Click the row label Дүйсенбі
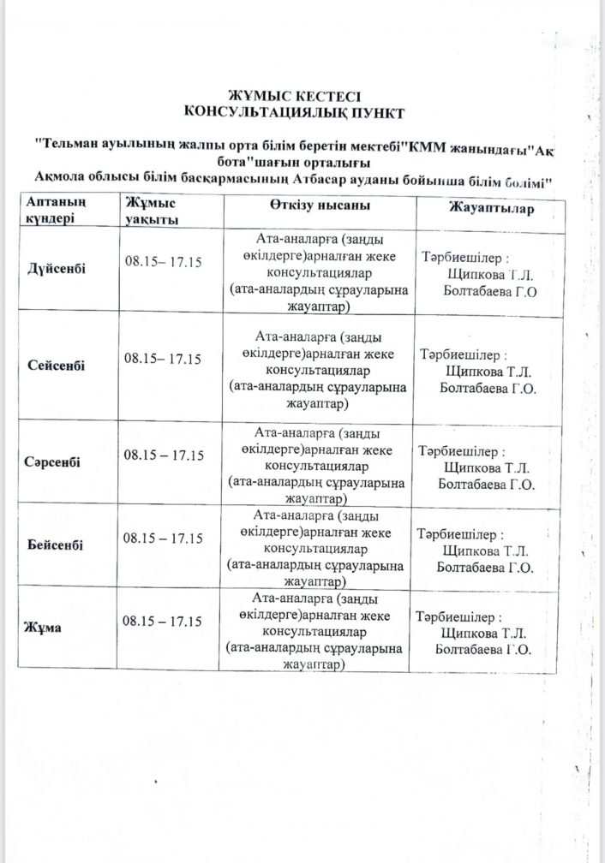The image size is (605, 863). point(62,268)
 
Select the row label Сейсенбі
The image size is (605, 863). point(62,366)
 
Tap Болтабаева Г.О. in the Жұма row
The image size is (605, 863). point(484,650)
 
